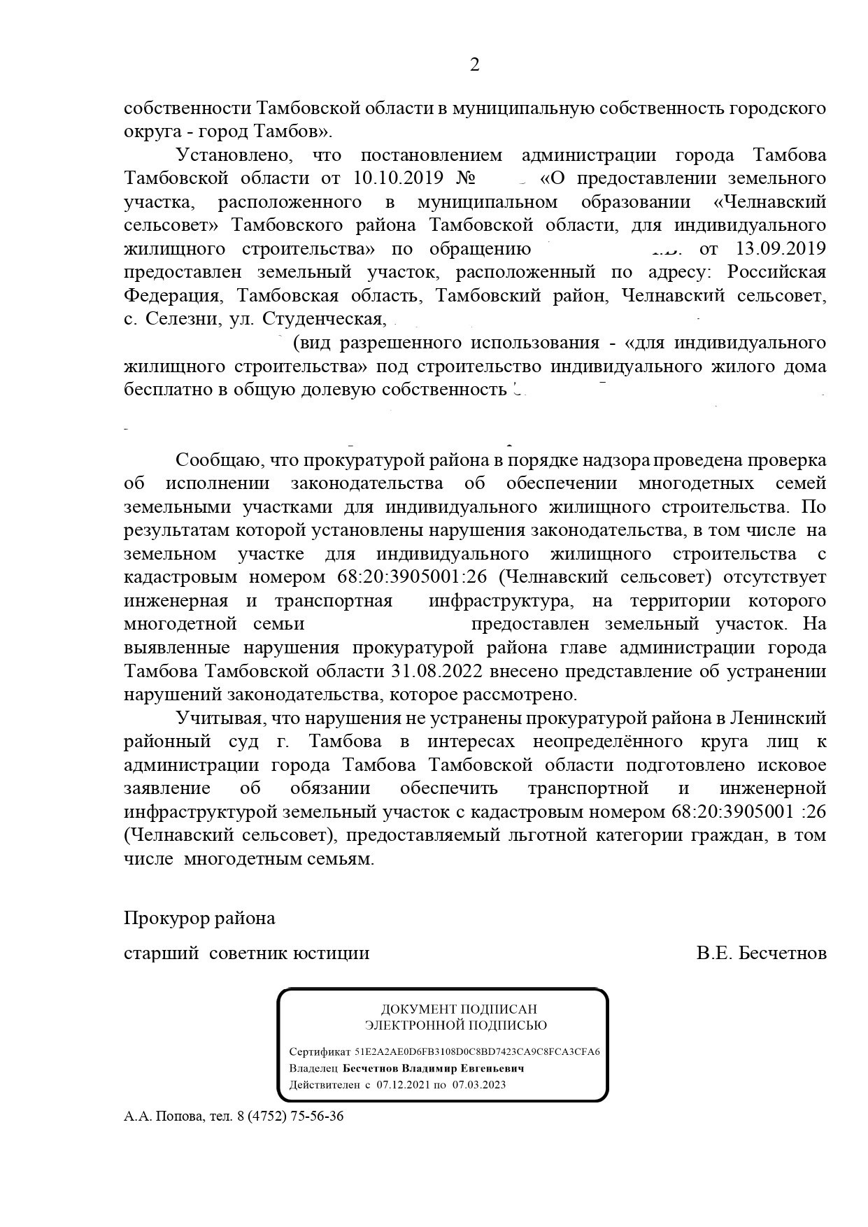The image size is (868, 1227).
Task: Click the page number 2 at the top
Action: [x=475, y=65]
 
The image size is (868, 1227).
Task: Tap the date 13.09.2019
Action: [x=781, y=248]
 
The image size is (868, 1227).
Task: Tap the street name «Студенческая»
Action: [x=323, y=319]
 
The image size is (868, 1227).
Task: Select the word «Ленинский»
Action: [x=778, y=718]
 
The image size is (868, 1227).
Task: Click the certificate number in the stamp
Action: [x=478, y=1052]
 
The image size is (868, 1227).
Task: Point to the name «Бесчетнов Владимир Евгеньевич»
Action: [x=434, y=1068]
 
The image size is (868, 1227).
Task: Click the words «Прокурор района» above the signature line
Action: [x=199, y=918]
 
